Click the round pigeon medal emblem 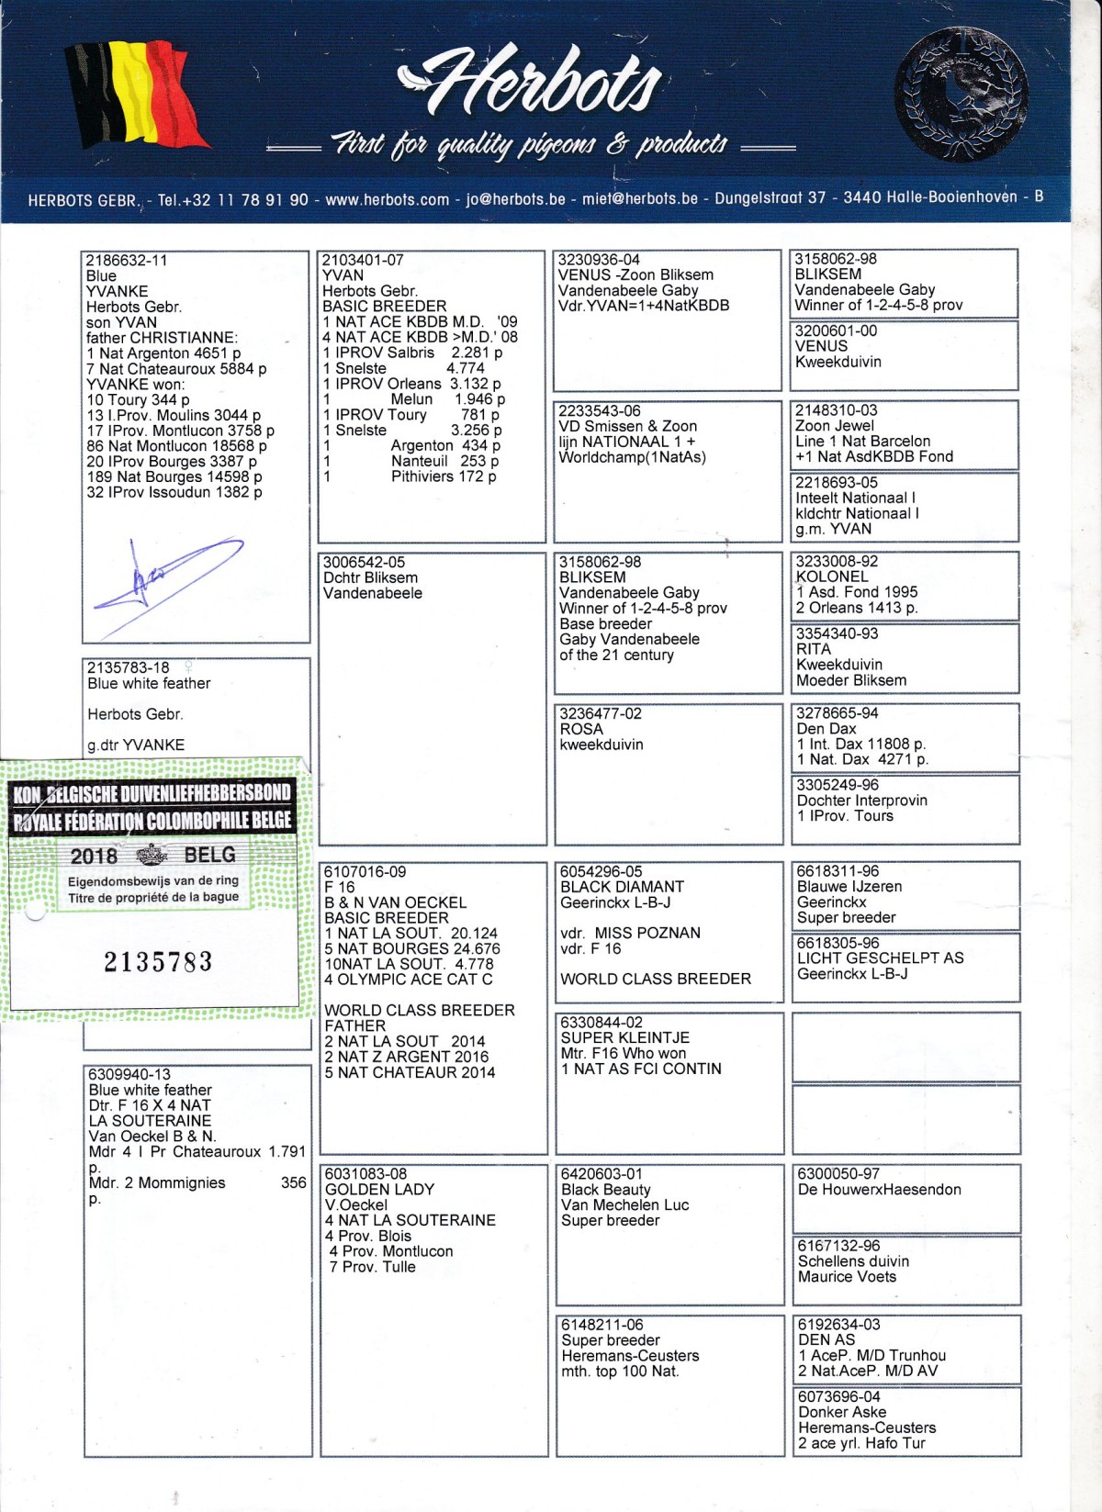tap(961, 94)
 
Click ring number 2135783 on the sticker tap(157, 961)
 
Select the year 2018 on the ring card tap(94, 857)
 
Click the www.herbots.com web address tap(387, 199)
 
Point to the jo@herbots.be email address tap(515, 199)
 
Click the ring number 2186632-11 tap(127, 260)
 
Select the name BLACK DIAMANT tap(622, 887)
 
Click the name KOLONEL tap(831, 577)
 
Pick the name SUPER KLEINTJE tap(624, 1037)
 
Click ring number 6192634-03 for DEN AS tap(838, 1324)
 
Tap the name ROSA tap(580, 729)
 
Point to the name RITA tap(813, 649)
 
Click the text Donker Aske tap(841, 1412)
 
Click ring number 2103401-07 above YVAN tap(363, 260)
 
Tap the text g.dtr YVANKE tap(136, 745)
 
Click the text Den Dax tap(826, 729)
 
